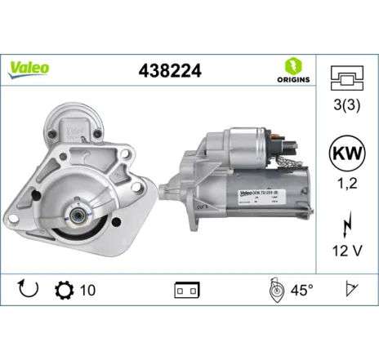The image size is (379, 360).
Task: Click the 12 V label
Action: coord(346,248)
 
